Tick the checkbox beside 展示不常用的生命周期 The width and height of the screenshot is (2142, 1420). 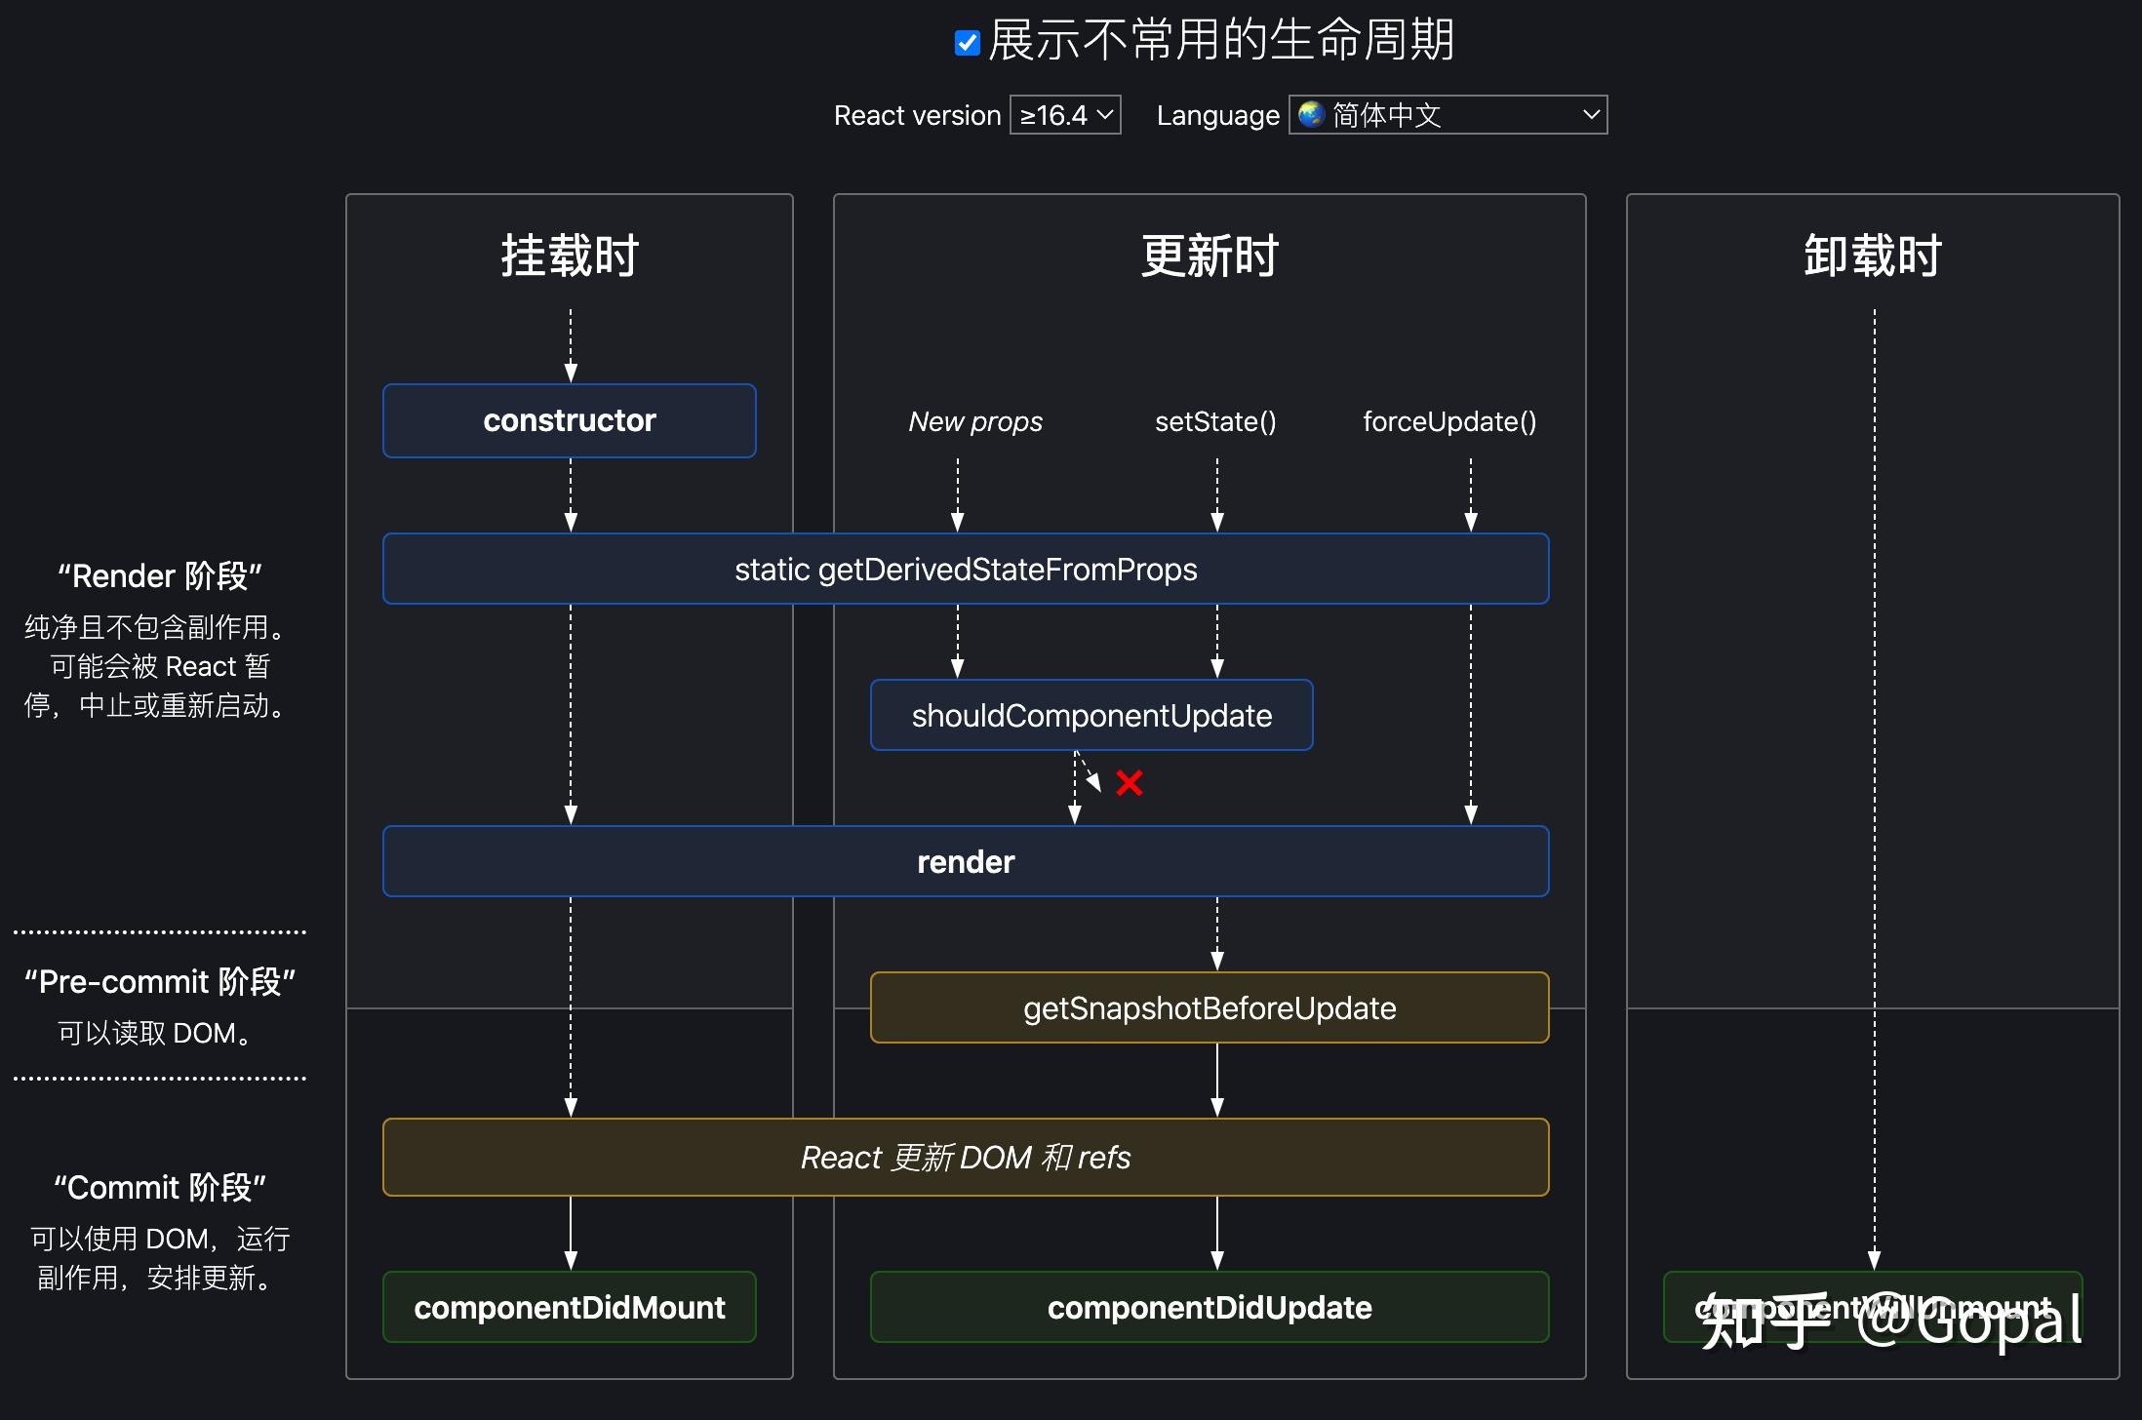pos(967,43)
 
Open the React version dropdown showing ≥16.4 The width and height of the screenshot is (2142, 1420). pos(1064,115)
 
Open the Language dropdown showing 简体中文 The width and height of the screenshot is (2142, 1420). pos(1448,115)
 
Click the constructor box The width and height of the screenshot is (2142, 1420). pos(570,420)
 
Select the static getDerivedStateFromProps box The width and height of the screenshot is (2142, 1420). pos(966,569)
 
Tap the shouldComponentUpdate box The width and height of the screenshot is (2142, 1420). pos(1091,715)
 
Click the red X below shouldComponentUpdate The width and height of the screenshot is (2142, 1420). pos(1130,782)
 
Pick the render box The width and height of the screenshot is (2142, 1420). pos(966,861)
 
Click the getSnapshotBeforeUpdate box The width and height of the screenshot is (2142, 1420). pos(1210,1007)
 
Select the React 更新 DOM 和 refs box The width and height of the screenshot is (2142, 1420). pos(966,1157)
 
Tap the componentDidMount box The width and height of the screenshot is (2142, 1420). pos(570,1307)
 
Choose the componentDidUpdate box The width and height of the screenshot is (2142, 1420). pos(1210,1307)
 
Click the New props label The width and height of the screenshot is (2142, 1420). pos(975,421)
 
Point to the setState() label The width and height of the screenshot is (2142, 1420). pos(1215,421)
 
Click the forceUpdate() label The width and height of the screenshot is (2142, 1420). pos(1449,421)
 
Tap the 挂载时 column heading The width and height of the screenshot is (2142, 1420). pos(570,256)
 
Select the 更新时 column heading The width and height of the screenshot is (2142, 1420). pos(1210,256)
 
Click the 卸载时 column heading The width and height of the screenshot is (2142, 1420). pos(1873,256)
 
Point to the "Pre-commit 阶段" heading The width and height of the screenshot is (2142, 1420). pos(160,981)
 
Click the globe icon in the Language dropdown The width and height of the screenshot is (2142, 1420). pos(1312,114)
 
